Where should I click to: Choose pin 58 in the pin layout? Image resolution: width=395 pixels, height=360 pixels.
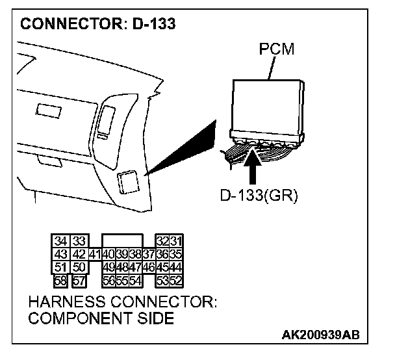tap(62, 280)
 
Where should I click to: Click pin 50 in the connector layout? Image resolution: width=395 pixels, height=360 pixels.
tap(79, 268)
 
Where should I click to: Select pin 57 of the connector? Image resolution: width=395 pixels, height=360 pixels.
tap(79, 280)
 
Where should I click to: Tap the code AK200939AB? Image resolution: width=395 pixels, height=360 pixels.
tap(320, 335)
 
